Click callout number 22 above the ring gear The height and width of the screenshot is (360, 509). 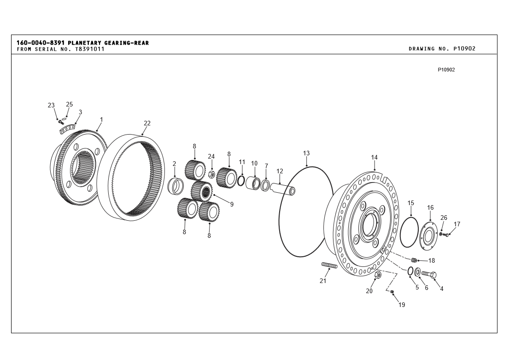click(147, 123)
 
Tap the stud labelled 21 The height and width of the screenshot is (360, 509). click(329, 265)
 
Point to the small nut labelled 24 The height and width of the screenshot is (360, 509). click(211, 173)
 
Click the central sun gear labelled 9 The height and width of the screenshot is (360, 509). click(201, 191)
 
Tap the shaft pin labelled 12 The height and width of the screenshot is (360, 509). click(283, 189)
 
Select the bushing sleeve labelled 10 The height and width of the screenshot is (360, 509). click(253, 183)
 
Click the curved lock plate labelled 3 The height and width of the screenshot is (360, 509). click(68, 129)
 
